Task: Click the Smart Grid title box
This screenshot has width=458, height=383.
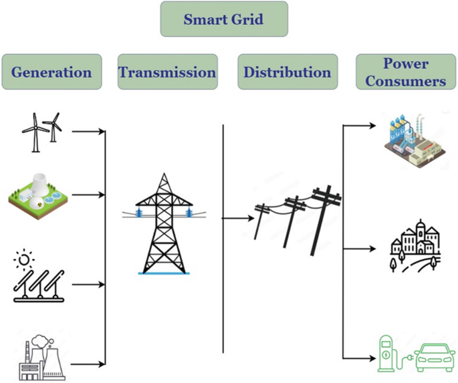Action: point(224,19)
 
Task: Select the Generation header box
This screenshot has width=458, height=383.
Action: point(51,72)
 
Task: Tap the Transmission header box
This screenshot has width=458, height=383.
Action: point(167,72)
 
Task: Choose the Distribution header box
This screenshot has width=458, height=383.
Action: point(287,72)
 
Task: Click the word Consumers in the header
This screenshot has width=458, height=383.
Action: point(406,82)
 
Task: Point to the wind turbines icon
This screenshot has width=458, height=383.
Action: point(42,131)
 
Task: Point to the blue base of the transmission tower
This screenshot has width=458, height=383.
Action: point(164,273)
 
